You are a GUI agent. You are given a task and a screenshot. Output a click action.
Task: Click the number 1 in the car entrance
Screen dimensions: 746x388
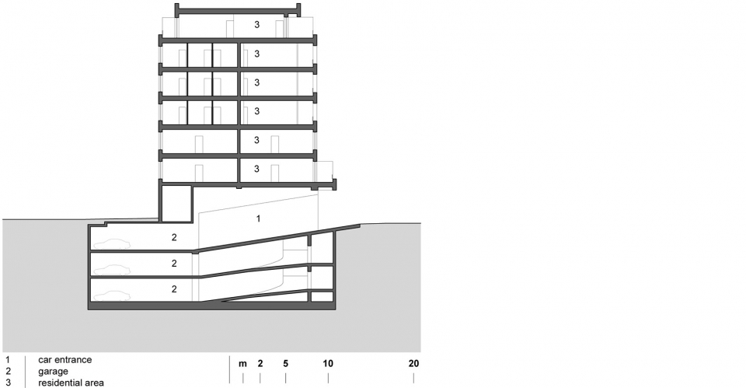[258, 218]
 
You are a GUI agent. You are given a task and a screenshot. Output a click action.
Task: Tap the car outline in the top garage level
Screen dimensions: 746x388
[112, 243]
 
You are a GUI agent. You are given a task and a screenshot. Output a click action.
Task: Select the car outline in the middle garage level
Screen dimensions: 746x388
[112, 270]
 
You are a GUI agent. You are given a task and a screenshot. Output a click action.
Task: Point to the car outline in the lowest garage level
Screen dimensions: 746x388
[112, 295]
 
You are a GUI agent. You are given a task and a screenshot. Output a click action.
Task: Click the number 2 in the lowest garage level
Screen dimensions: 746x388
[174, 289]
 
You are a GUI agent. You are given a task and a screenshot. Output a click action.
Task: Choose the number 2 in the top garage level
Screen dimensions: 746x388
[174, 237]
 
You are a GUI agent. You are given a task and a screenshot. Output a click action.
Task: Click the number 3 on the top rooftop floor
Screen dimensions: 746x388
[257, 25]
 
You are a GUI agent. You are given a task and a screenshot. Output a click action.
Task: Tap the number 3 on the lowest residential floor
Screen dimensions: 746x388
[257, 169]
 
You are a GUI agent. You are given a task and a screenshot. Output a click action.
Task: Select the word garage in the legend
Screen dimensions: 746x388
[54, 372]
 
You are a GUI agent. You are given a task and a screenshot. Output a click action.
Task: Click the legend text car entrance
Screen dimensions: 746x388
[65, 360]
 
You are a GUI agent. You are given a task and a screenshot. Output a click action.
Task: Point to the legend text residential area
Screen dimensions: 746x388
[71, 383]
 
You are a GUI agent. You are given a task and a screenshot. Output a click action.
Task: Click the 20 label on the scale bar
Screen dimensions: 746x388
[413, 364]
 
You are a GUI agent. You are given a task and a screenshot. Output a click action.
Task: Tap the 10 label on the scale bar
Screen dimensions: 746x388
[328, 364]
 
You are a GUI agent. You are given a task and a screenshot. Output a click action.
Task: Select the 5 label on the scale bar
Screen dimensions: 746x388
[285, 364]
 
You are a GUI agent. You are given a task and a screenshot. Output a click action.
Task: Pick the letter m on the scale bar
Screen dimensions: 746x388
[242, 364]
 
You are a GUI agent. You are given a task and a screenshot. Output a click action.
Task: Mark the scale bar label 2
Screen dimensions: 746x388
[260, 364]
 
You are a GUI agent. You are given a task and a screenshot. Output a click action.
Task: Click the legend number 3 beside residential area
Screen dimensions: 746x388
[8, 383]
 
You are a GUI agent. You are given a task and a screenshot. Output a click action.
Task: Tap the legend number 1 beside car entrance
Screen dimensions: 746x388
[8, 360]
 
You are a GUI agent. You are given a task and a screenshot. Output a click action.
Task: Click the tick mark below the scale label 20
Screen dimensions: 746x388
[413, 378]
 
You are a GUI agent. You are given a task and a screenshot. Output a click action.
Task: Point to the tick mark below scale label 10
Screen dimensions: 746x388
[328, 378]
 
